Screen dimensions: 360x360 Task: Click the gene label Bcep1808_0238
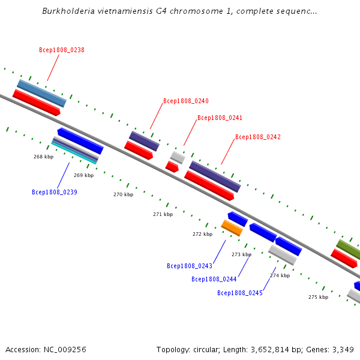(61, 50)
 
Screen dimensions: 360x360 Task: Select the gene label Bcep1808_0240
(186, 101)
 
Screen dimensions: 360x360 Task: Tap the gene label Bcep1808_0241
(220, 118)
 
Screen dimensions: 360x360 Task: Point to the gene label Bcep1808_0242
(257, 137)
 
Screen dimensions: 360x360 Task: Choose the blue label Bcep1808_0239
(54, 193)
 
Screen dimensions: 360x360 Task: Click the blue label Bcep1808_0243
(189, 266)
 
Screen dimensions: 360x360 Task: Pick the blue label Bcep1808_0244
(214, 279)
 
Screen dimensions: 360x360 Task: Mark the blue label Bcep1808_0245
(239, 293)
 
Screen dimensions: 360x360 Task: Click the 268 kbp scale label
(43, 157)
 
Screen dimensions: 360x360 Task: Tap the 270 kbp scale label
(123, 194)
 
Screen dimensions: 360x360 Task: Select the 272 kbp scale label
(202, 234)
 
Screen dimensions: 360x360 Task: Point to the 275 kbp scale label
(318, 297)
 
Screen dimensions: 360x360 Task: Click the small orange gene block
(232, 228)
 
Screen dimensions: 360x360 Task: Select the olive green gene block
(348, 248)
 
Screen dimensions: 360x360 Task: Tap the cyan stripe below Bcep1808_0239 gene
(74, 153)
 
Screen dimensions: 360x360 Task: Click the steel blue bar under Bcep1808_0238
(41, 93)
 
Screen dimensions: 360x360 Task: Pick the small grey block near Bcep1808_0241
(177, 157)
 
